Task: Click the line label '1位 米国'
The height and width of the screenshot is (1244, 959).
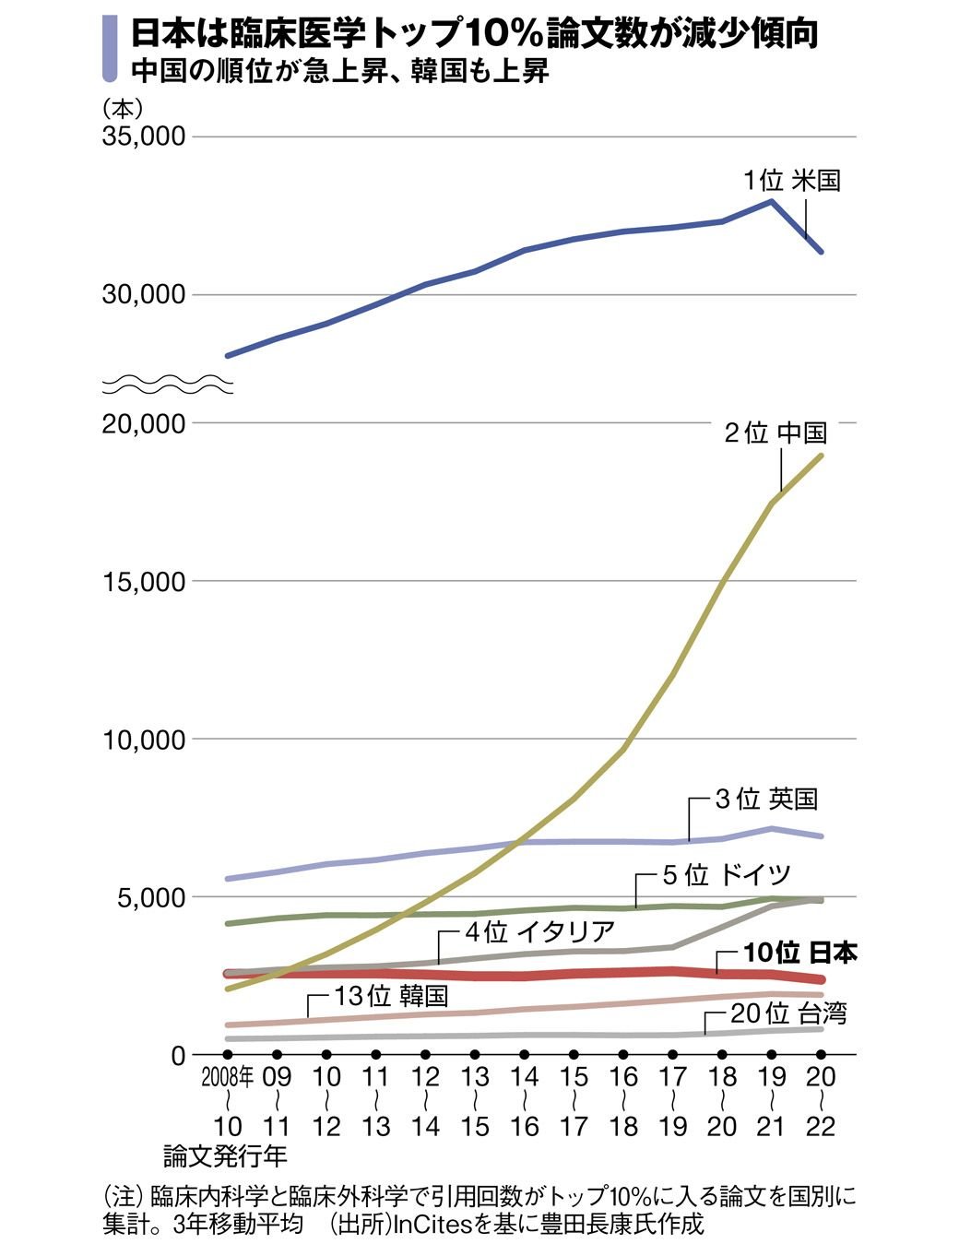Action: pyautogui.click(x=792, y=180)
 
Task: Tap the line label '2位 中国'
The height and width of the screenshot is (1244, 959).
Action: pyautogui.click(x=775, y=432)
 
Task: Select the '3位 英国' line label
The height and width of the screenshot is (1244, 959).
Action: pyautogui.click(x=766, y=799)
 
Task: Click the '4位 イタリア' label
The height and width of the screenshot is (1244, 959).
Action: pyautogui.click(x=539, y=932)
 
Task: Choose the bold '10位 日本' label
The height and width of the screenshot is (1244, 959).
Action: pyautogui.click(x=799, y=953)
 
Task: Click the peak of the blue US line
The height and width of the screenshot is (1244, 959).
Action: pyautogui.click(x=772, y=201)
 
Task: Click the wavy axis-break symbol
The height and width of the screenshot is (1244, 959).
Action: pyautogui.click(x=167, y=385)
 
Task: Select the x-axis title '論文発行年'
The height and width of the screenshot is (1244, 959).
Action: pyautogui.click(x=225, y=1155)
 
